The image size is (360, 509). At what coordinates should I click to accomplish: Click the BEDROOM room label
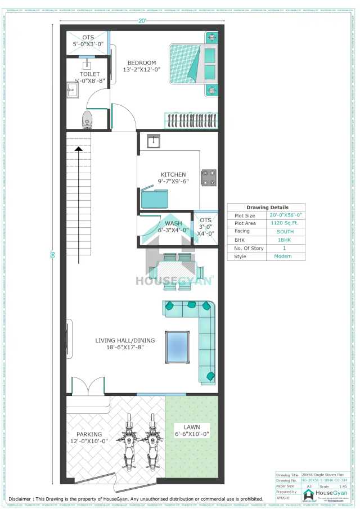[x=142, y=62]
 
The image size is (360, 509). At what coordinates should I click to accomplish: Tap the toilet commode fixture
[x=87, y=119]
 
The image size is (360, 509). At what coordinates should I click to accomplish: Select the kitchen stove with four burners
[x=209, y=178]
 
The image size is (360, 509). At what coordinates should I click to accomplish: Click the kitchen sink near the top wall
[x=154, y=141]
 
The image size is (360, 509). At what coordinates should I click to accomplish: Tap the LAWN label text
[x=191, y=427]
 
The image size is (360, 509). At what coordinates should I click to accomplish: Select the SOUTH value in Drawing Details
[x=285, y=231]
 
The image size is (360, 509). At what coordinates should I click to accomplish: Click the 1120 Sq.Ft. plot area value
[x=285, y=223]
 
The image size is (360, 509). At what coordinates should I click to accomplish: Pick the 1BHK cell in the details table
[x=285, y=240]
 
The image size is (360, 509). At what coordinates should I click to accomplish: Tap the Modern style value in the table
[x=285, y=256]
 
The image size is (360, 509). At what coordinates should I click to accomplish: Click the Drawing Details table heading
[x=267, y=208]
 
